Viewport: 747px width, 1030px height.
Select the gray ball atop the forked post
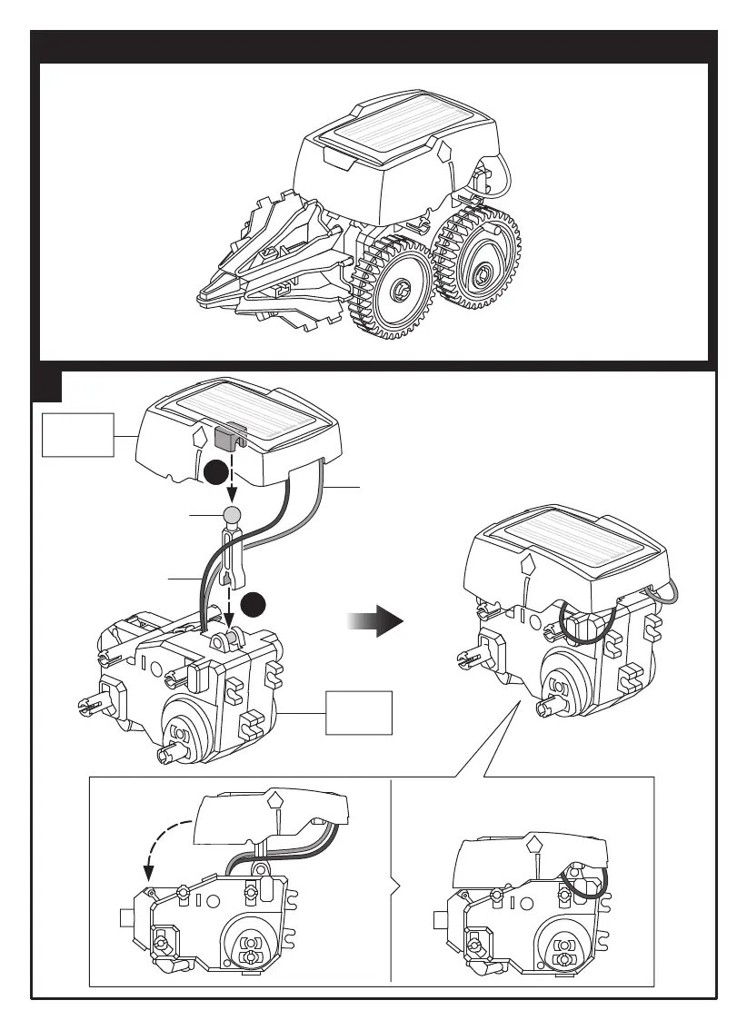232,516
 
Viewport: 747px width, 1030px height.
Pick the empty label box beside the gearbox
360,712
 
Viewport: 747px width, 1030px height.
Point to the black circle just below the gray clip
215,472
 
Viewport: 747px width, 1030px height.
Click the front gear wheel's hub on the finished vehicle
400,291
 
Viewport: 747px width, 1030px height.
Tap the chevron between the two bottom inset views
394,881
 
